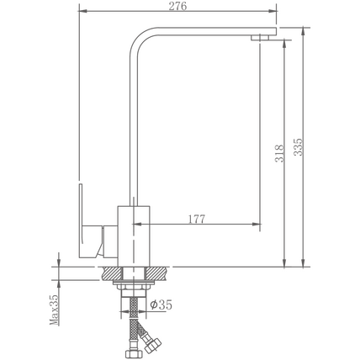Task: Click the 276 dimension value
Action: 177,6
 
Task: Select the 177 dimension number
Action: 196,219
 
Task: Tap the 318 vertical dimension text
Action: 279,153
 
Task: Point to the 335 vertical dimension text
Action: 299,146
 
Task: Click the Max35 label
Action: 55,310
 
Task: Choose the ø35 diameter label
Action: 161,304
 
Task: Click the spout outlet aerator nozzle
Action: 260,38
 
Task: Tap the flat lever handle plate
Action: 81,221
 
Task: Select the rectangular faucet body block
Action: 134,236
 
